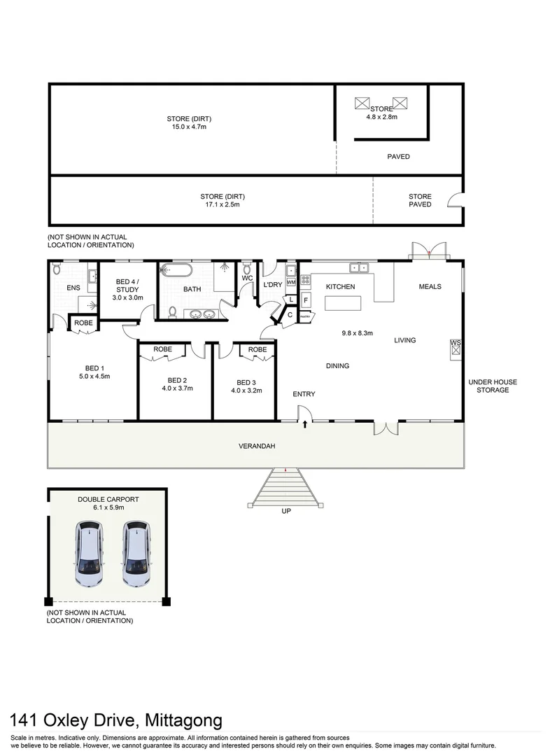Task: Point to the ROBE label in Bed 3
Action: coord(258,349)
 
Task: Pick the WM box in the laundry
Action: coord(291,282)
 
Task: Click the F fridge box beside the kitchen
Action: coord(306,300)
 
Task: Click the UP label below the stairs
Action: coord(285,512)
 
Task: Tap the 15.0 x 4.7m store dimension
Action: coord(189,127)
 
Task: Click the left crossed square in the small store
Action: coord(362,104)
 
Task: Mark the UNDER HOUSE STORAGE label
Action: coord(493,386)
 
